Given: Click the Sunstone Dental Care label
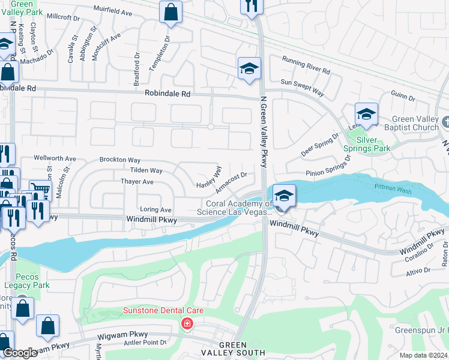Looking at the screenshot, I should (163, 310).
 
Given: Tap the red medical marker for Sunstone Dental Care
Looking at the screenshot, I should (187, 324).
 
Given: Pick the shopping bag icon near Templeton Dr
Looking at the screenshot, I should (171, 12).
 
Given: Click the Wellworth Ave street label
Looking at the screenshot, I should (55, 158).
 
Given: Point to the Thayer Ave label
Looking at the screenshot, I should (137, 181).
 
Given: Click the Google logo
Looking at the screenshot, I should (20, 353).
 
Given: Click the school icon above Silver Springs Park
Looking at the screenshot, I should (366, 114).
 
